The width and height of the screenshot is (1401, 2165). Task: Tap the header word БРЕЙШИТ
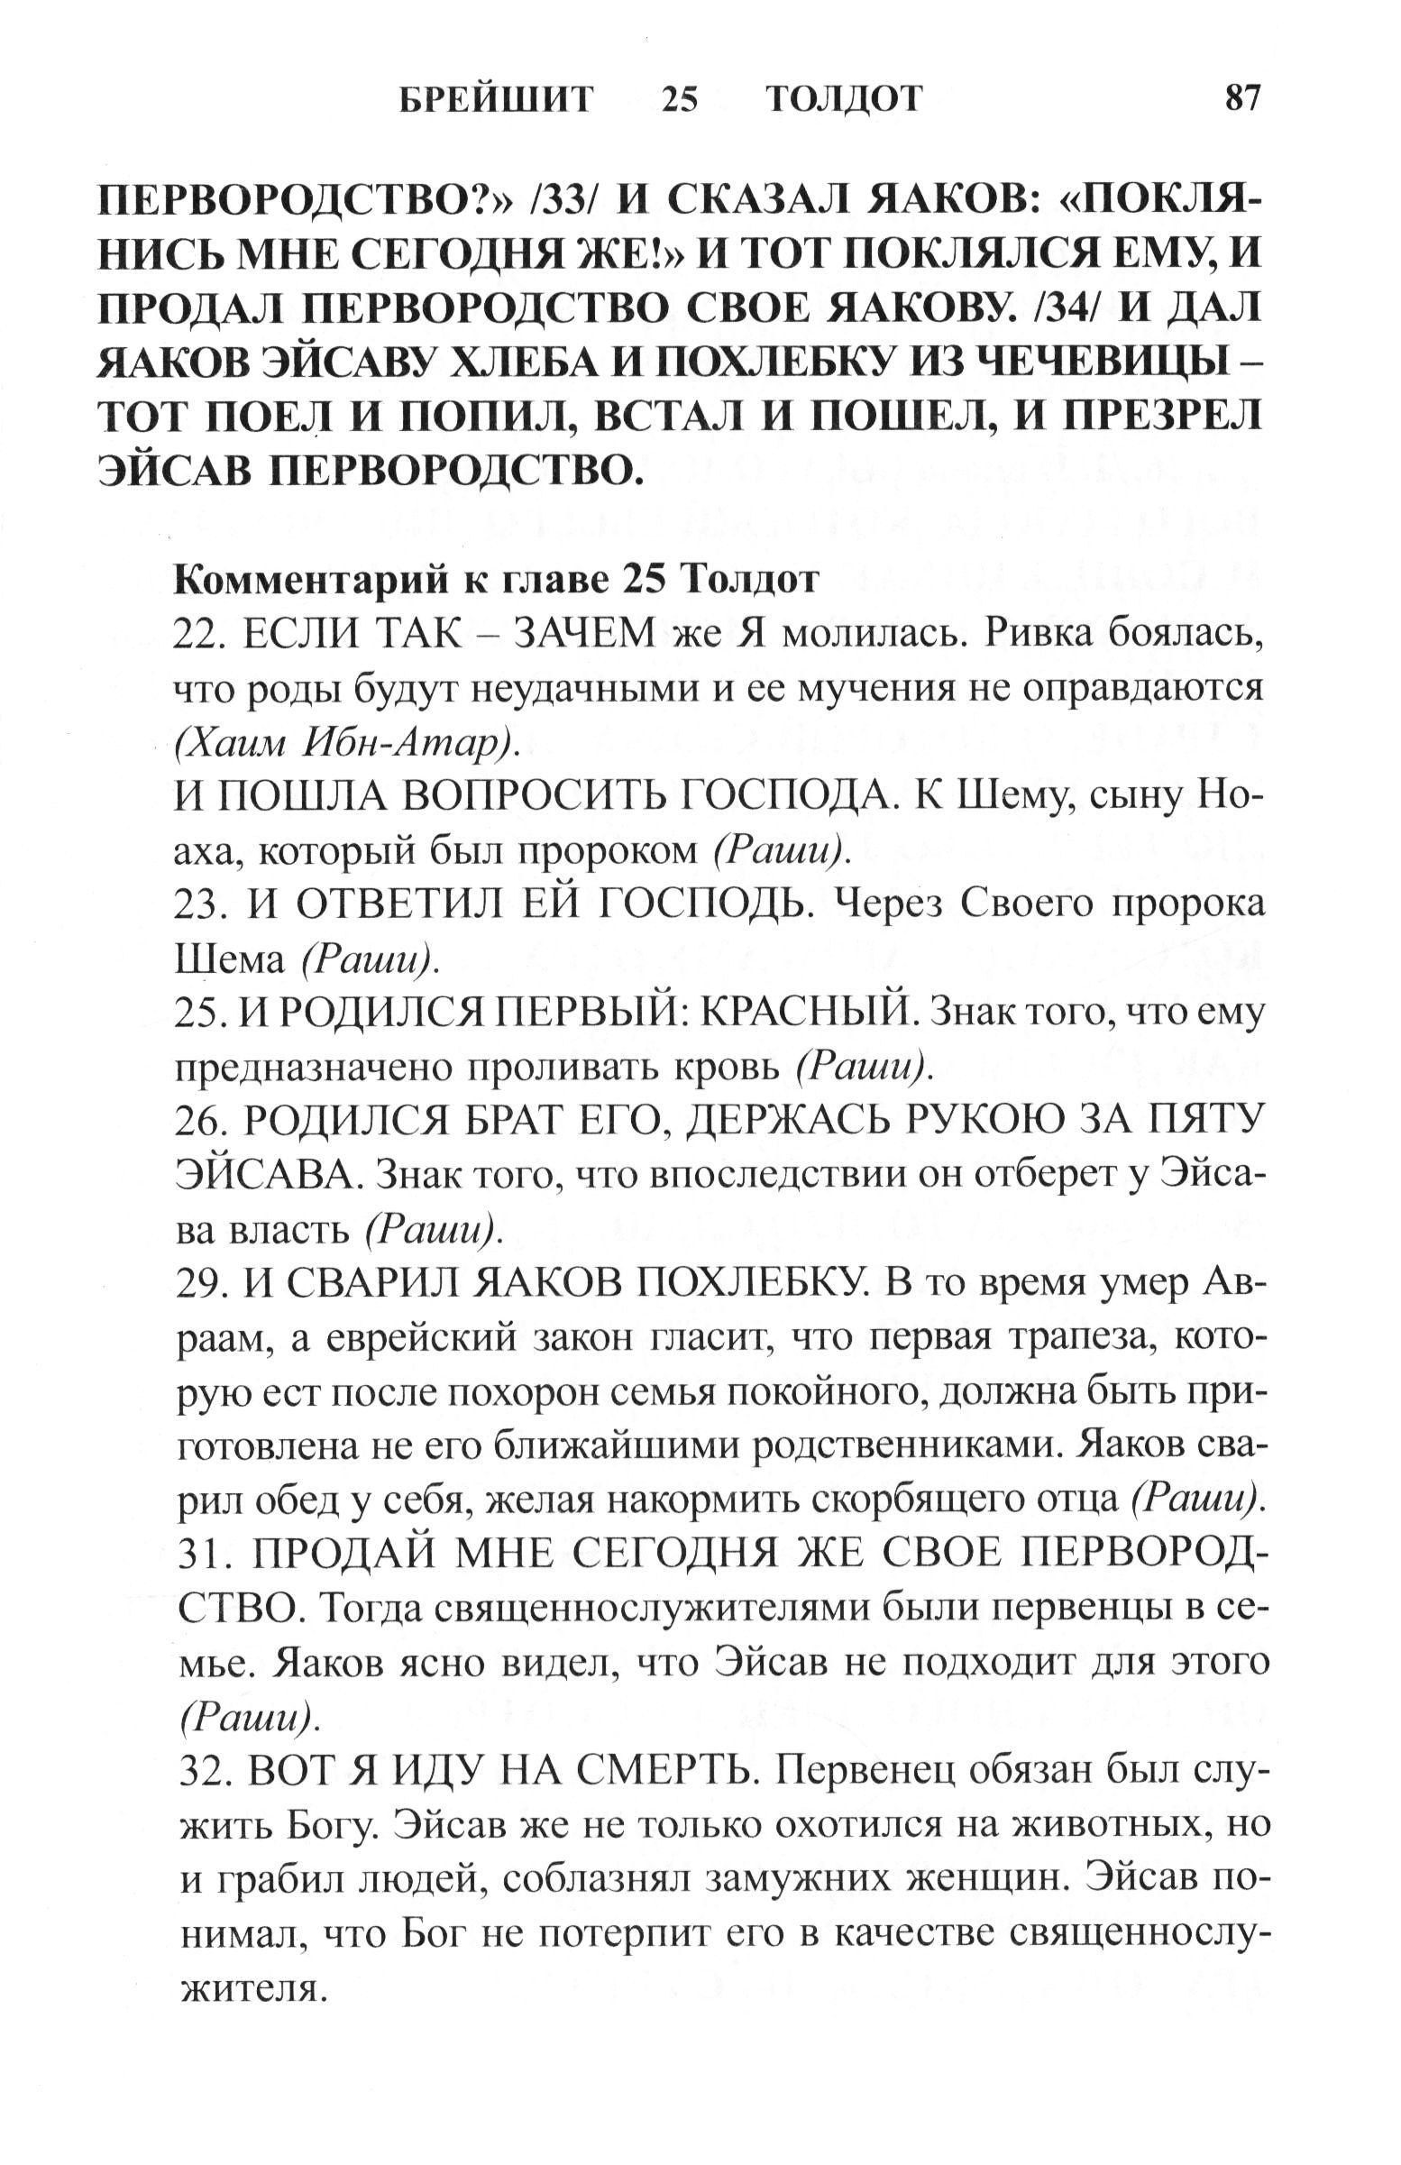[496, 98]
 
